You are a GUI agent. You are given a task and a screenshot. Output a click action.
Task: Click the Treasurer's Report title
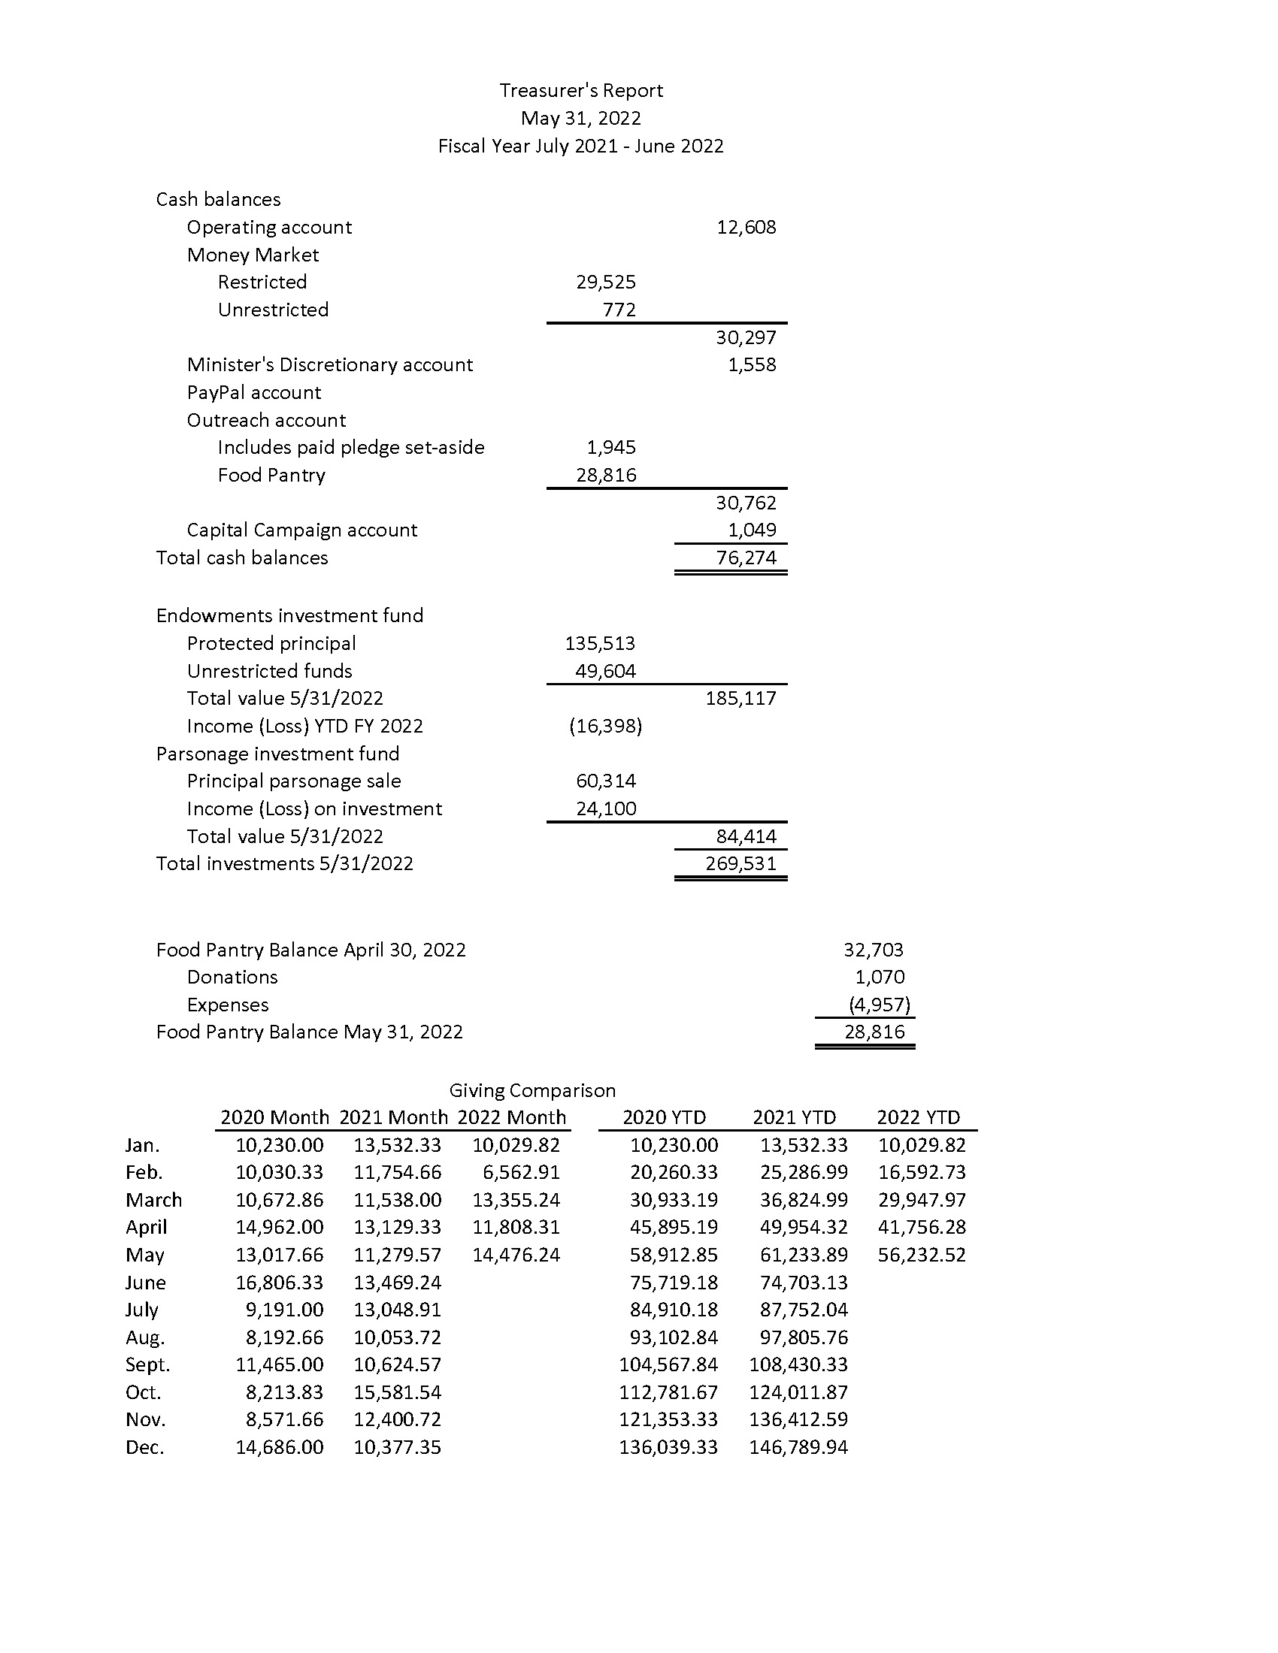(580, 91)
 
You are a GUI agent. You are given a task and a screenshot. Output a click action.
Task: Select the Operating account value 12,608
(746, 228)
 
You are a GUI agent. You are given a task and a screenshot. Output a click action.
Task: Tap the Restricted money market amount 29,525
(606, 283)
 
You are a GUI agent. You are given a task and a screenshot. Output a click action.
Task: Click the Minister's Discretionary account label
(329, 365)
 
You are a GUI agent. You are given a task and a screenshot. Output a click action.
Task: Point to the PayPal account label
(253, 393)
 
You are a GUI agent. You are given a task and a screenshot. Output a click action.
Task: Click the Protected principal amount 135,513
(600, 643)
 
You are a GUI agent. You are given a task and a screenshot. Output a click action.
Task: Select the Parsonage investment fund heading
(277, 754)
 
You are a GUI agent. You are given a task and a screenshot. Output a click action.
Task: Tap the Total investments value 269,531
(740, 863)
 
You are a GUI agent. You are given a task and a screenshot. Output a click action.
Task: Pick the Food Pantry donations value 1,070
(879, 977)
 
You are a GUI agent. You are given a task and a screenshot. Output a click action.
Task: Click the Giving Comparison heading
(532, 1091)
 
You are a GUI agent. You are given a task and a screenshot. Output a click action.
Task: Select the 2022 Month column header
(512, 1118)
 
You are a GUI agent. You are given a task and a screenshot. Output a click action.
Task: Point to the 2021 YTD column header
(794, 1118)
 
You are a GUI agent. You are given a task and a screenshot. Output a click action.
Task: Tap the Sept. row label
(147, 1365)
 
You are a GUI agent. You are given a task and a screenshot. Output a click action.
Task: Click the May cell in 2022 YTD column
(922, 1255)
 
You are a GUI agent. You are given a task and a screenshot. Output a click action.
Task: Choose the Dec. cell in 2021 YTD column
(798, 1448)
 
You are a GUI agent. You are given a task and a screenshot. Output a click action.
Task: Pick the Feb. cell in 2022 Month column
(521, 1172)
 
